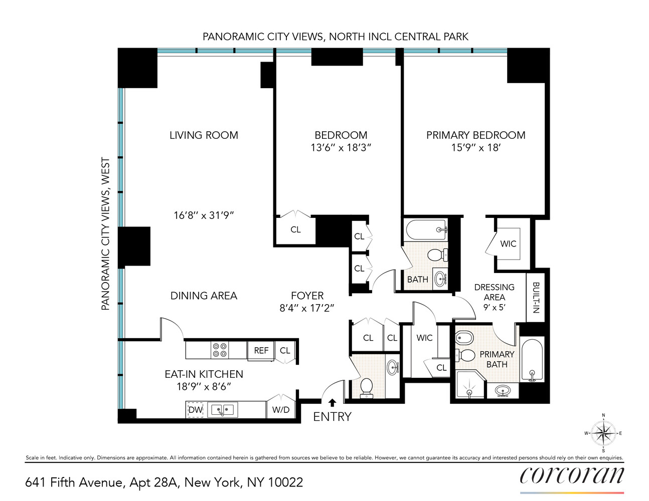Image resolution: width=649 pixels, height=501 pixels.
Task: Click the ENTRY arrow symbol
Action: pyautogui.click(x=332, y=402)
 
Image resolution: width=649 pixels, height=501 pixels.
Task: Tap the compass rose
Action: pyautogui.click(x=603, y=433)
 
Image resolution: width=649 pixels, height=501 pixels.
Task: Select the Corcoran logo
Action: pyautogui.click(x=572, y=475)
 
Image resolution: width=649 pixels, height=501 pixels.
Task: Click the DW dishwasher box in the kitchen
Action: pyautogui.click(x=195, y=410)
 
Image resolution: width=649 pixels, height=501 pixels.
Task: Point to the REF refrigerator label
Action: pyautogui.click(x=261, y=351)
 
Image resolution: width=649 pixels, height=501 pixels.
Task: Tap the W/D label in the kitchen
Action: pyautogui.click(x=281, y=410)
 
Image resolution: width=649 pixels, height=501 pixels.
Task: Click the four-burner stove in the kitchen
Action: pyautogui.click(x=220, y=350)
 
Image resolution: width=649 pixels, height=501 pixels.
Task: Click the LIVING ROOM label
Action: pyautogui.click(x=204, y=135)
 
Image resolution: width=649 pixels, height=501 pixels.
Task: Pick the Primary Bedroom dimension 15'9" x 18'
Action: pyautogui.click(x=476, y=148)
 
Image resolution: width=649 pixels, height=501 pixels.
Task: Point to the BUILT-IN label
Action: pyautogui.click(x=535, y=298)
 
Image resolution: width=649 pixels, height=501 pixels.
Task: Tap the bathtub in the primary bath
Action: pyautogui.click(x=532, y=360)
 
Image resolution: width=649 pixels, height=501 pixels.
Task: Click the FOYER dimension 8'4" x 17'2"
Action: pyautogui.click(x=307, y=308)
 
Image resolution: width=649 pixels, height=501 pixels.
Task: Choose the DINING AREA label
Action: pyautogui.click(x=204, y=296)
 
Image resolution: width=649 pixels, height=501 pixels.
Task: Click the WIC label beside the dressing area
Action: pyautogui.click(x=508, y=244)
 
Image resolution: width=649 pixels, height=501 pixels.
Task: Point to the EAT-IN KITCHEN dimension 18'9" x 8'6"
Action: pyautogui.click(x=204, y=387)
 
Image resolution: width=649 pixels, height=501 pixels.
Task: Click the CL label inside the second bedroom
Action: pyautogui.click(x=295, y=229)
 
